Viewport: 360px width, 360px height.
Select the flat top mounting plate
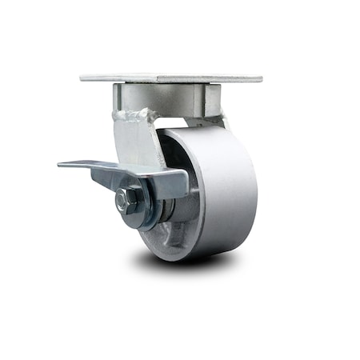tap(172, 78)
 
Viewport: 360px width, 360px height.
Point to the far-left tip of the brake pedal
tap(61, 166)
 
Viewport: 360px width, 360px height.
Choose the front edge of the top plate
tap(172, 82)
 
